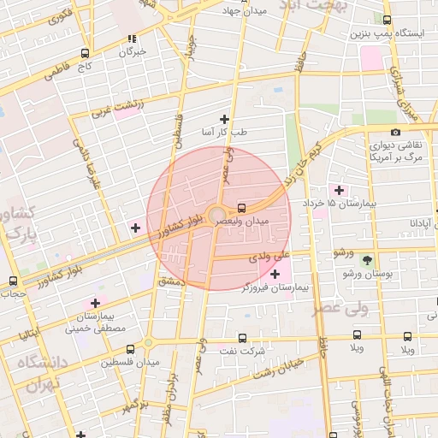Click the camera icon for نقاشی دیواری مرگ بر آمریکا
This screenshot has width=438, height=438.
tap(394, 132)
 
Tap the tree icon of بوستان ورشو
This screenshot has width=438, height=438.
tap(368, 259)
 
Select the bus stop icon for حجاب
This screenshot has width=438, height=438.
tap(13, 281)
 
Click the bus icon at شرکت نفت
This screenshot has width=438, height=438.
tap(242, 338)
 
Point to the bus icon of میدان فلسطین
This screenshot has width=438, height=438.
tap(130, 349)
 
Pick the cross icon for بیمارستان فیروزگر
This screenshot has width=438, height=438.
tap(275, 274)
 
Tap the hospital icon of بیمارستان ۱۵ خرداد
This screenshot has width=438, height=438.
tap(340, 190)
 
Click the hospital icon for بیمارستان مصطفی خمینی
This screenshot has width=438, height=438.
tap(95, 302)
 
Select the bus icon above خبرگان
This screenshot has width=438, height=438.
tap(132, 38)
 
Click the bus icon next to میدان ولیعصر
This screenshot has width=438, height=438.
tap(242, 207)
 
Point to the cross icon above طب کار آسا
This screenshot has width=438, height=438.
tap(225, 119)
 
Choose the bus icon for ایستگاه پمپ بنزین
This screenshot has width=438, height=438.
tap(388, 21)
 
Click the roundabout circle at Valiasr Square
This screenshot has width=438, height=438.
tap(217, 215)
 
